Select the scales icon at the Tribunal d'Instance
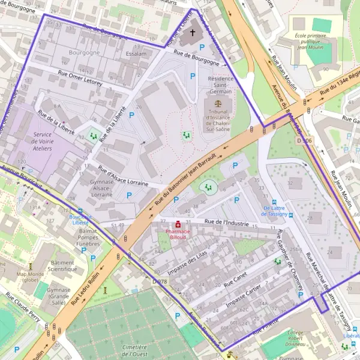(217, 103)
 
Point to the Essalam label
(136, 53)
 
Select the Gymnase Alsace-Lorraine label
(101, 187)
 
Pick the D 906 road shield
(305, 140)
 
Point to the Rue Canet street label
(235, 280)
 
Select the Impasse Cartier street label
(245, 298)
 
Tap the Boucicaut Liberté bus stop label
(80, 219)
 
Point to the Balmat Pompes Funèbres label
(88, 237)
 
